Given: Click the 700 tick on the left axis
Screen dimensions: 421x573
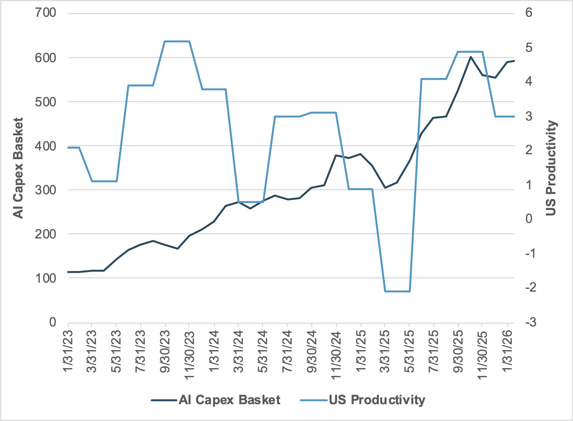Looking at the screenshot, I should point(45,13).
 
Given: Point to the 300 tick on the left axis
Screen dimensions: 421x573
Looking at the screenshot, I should point(45,190).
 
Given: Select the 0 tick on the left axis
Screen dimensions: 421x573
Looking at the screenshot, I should point(53,322).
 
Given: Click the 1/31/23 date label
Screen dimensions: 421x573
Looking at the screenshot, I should point(68,350).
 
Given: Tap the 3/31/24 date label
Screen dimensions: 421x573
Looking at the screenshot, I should point(238,350).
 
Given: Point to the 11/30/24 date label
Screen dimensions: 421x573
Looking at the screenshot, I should point(336,354).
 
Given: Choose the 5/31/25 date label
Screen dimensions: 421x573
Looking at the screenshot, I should point(409,350).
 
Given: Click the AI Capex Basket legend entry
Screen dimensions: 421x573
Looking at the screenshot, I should point(229,400).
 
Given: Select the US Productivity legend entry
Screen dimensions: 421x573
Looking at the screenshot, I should point(377,400).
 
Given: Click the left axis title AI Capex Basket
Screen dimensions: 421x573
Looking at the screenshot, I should point(18,168).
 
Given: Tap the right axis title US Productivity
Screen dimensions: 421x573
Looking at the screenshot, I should point(551,168).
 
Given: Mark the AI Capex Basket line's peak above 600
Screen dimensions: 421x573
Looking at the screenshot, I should point(471,57).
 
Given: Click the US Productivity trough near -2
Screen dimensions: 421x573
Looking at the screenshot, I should point(397,291).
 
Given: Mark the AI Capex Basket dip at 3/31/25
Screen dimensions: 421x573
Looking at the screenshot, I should point(385,188).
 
